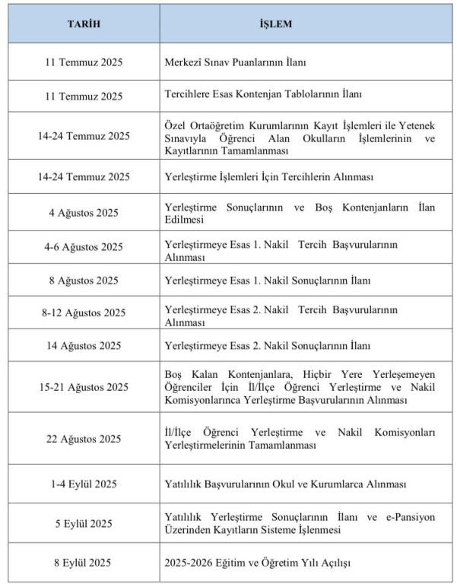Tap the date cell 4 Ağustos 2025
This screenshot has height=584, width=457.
coord(84,212)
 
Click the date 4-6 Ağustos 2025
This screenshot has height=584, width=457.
coord(84,247)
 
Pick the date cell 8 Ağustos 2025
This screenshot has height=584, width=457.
coord(84,281)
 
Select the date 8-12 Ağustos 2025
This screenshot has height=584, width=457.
coord(84,313)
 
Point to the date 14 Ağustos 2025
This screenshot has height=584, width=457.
coord(84,346)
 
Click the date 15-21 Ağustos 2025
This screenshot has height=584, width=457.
coord(84,387)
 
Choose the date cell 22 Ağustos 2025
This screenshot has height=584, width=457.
coord(84,439)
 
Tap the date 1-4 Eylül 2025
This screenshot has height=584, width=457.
coord(84,484)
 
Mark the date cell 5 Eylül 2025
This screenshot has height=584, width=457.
coord(84,523)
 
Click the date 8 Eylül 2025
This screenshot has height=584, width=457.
coord(84,563)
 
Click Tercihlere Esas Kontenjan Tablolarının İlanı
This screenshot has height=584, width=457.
coord(263,96)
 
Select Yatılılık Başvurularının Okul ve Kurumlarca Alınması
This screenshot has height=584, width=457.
coord(285,484)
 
